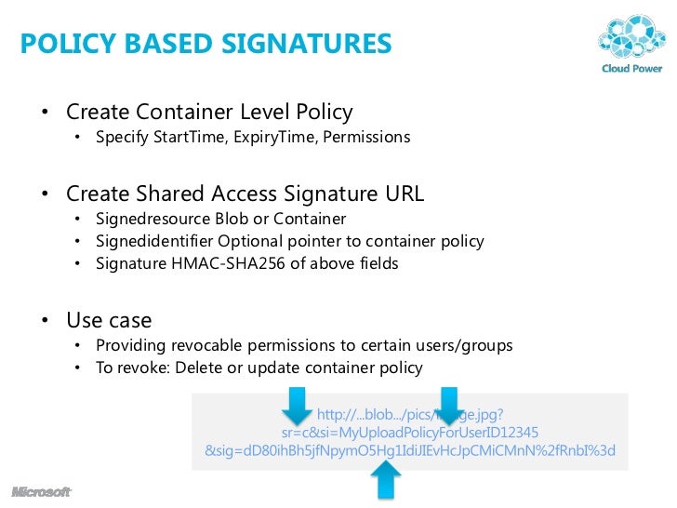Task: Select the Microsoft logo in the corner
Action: point(41,491)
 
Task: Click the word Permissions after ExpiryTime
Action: point(366,138)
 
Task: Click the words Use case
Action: point(109,320)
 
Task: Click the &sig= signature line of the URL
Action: point(410,451)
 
